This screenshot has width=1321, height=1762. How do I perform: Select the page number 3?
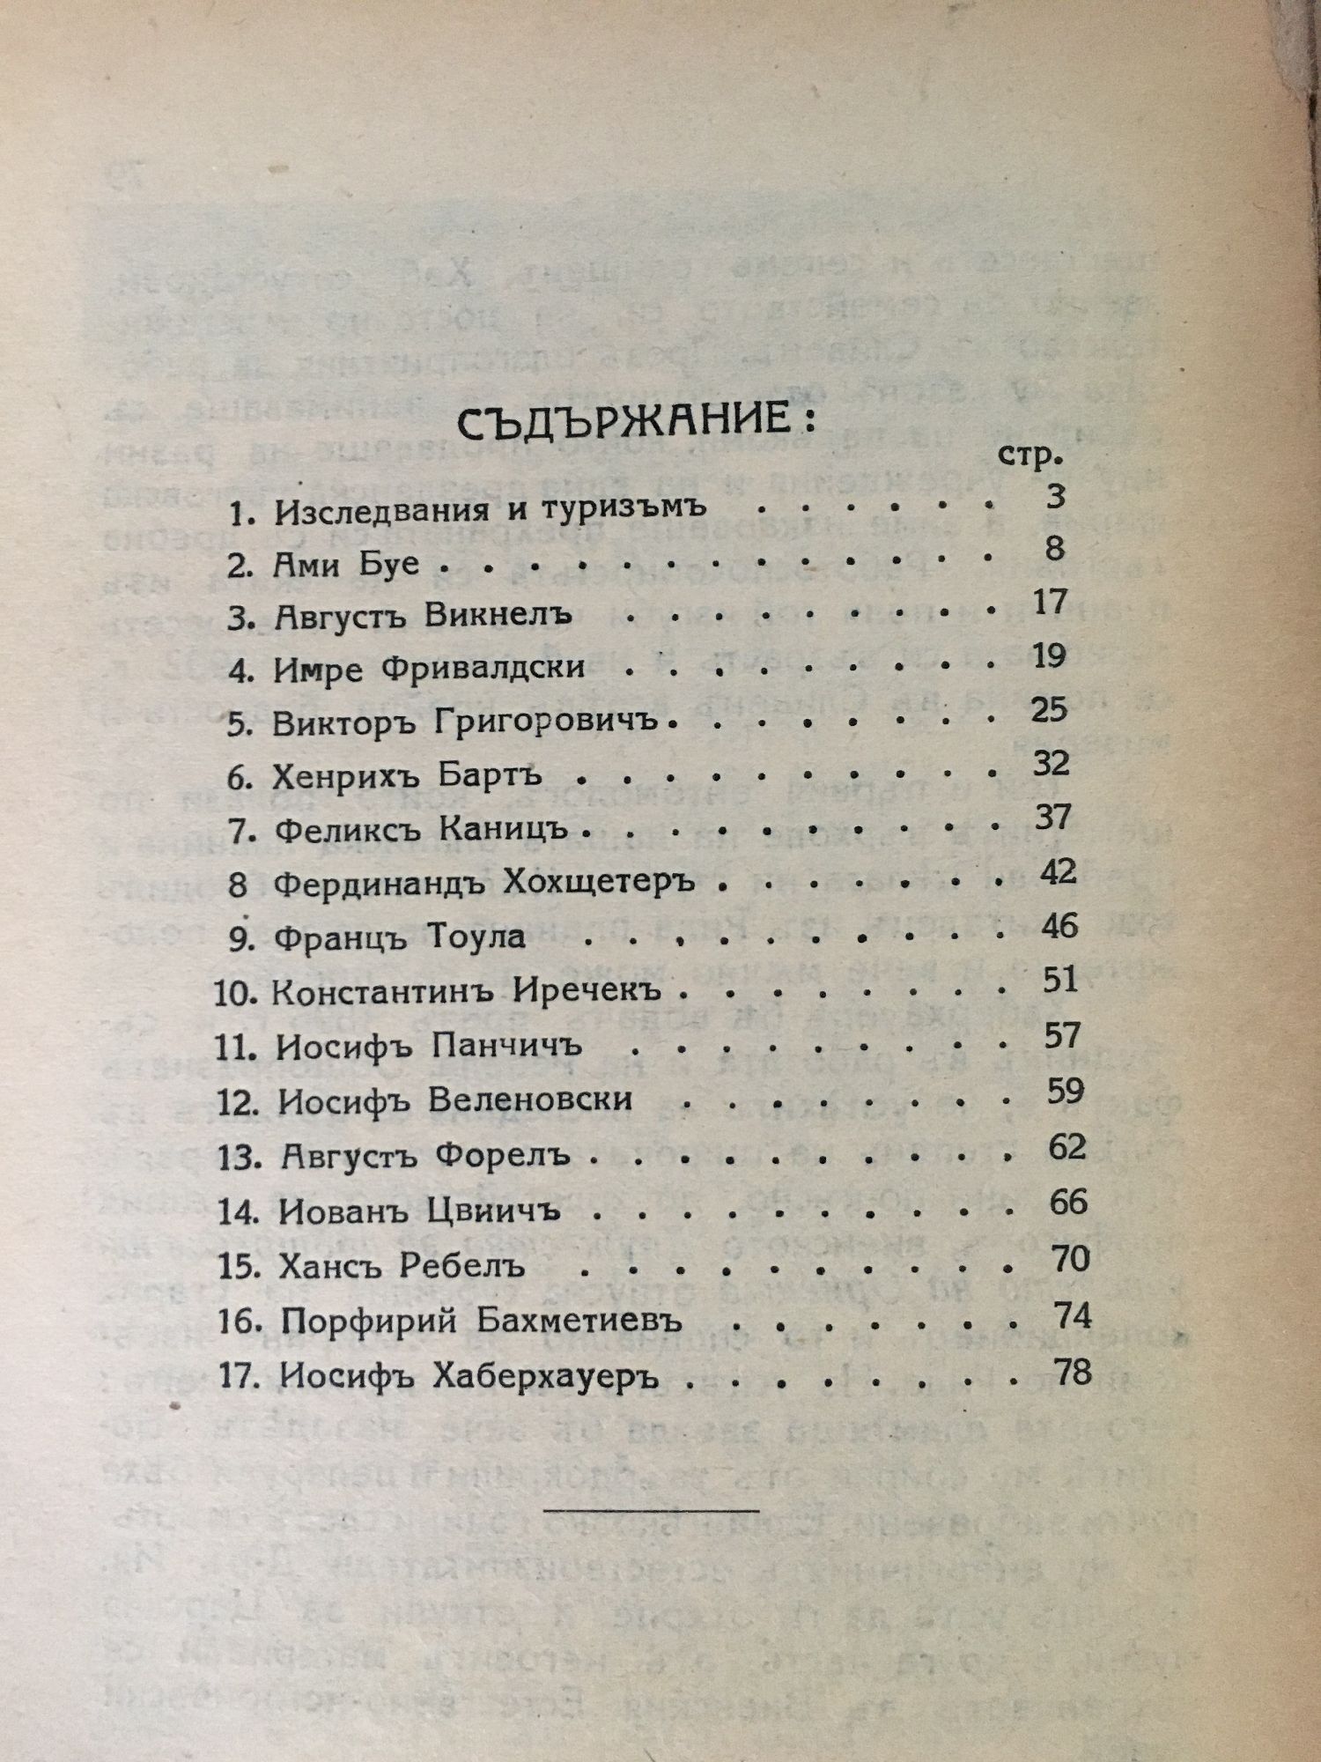point(1055,496)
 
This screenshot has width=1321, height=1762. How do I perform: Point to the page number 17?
point(1049,603)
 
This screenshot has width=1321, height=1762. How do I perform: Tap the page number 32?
point(1051,763)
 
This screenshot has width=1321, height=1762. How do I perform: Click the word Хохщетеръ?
point(599,883)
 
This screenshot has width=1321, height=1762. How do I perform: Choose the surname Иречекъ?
point(586,992)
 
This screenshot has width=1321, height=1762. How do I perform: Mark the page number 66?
point(1068,1203)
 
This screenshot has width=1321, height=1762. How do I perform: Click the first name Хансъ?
point(329,1266)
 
